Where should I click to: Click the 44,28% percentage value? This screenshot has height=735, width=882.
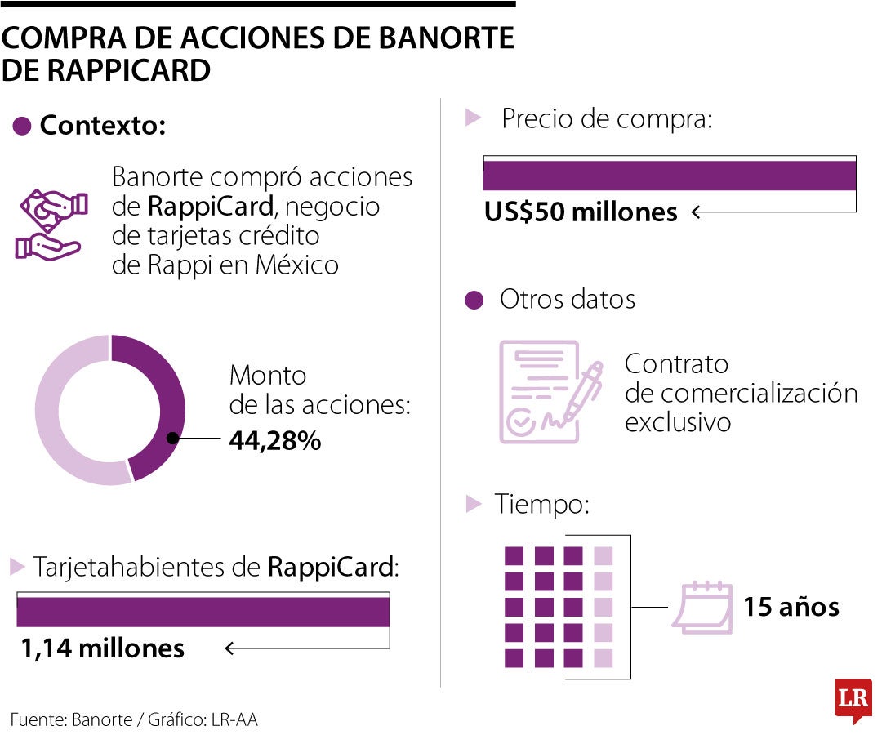[x=274, y=441]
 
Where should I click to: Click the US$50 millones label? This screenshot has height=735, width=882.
[x=581, y=212]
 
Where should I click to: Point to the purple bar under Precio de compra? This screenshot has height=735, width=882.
[x=669, y=176]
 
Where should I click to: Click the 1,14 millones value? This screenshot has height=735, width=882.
[x=103, y=648]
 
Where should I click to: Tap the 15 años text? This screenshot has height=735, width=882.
[x=791, y=608]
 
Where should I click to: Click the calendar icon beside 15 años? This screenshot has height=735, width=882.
[x=702, y=607]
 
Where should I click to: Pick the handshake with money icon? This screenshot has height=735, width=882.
[x=49, y=225]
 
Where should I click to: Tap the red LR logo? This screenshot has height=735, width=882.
[x=853, y=699]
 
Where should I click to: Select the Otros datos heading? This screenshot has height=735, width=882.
[x=567, y=300]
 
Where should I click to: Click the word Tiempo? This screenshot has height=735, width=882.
[x=541, y=504]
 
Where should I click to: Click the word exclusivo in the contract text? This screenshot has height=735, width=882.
[x=677, y=423]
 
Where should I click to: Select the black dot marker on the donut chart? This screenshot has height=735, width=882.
[x=172, y=439]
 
